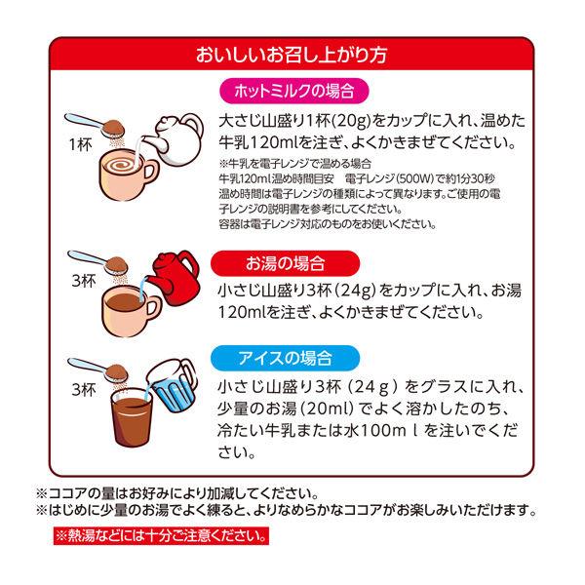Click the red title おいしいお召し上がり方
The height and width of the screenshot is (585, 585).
292,55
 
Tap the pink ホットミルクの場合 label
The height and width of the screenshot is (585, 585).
294,91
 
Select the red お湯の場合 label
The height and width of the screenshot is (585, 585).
285,263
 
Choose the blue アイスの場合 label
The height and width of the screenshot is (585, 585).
285,358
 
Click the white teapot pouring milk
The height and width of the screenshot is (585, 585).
174,138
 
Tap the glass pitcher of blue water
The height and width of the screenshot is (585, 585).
172,385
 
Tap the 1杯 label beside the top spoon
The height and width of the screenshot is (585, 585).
81,144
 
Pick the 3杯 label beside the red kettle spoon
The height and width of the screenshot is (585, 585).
84,281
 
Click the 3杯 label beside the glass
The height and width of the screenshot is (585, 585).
84,389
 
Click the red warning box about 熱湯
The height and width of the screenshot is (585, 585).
161,536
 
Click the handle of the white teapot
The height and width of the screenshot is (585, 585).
195,129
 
